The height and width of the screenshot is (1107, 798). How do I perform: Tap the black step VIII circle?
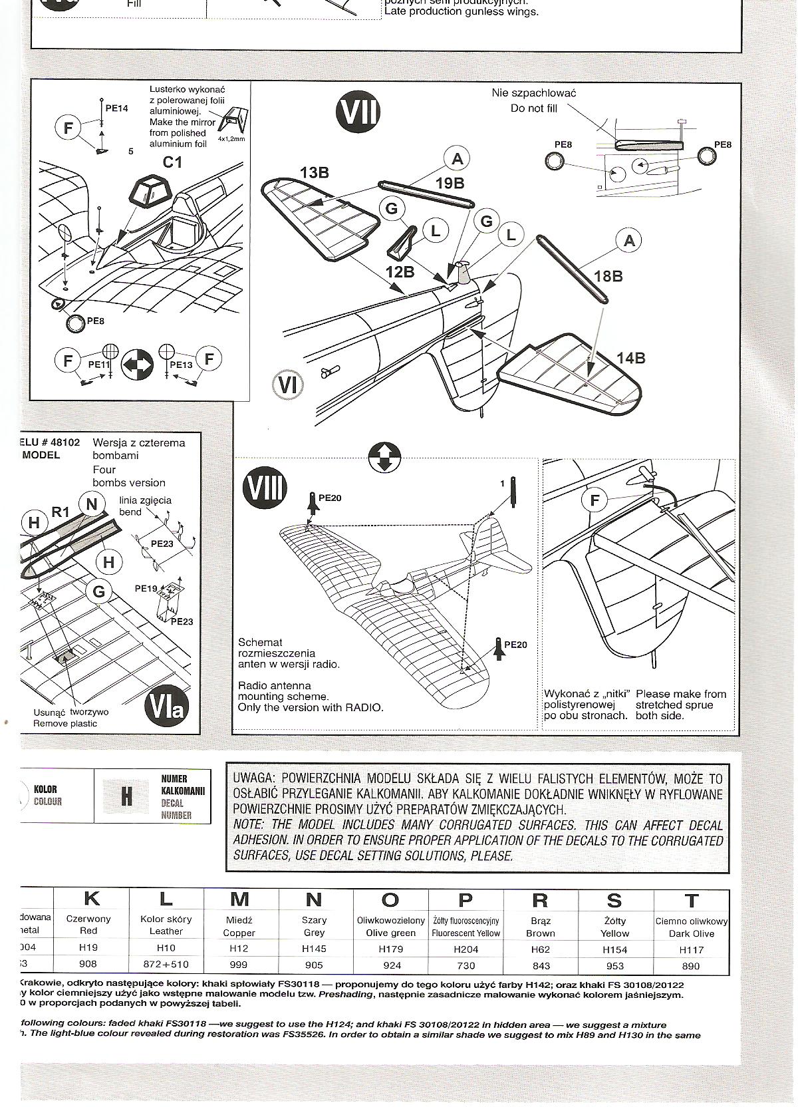(265, 488)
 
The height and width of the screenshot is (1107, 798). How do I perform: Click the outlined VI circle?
(288, 384)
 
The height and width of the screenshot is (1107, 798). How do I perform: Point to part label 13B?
(314, 173)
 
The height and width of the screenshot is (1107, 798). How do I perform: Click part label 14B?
(630, 358)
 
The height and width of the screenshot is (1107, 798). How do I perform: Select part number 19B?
(450, 184)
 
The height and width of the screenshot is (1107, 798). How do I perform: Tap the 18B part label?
(608, 275)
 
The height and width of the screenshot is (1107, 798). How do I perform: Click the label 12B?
(400, 271)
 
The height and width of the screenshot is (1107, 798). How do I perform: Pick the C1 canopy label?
(172, 162)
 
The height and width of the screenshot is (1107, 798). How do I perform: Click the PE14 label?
(116, 108)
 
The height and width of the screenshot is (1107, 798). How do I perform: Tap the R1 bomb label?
(61, 512)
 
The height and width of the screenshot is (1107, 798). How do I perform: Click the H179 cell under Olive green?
(390, 949)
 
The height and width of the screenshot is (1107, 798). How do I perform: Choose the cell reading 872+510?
(166, 965)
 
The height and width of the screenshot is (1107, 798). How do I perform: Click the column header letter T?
(691, 901)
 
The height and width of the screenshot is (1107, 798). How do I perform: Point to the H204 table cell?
(465, 949)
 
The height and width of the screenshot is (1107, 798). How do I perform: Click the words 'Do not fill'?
(533, 108)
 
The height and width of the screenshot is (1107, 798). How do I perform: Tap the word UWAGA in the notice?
(253, 779)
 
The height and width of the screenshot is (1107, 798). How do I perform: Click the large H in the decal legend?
(126, 796)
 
